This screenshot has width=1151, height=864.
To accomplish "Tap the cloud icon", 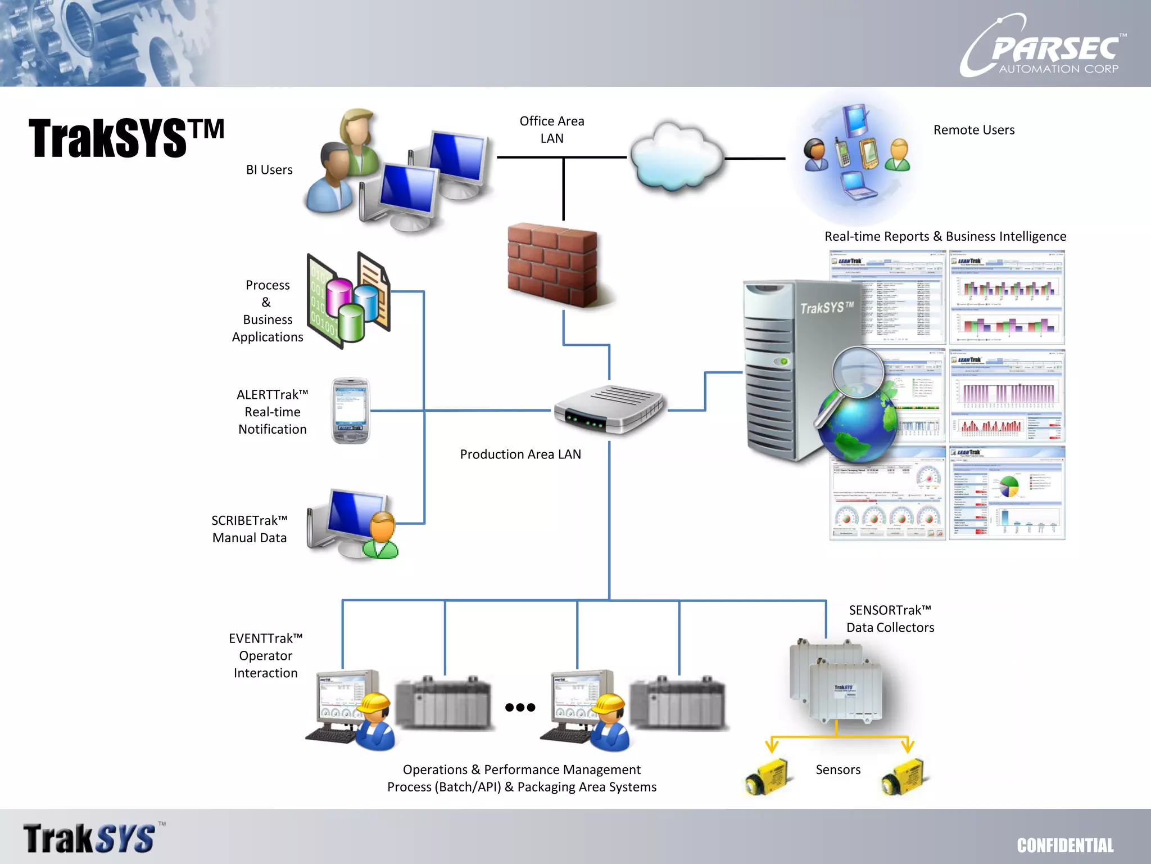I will click(676, 156).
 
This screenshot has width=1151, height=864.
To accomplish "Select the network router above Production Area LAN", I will click(609, 409).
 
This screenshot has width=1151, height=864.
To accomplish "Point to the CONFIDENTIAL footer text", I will click(1064, 845).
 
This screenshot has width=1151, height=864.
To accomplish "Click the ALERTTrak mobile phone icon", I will click(351, 411).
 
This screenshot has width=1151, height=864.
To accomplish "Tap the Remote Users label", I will click(973, 130).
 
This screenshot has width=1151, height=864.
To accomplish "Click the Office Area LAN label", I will click(551, 129).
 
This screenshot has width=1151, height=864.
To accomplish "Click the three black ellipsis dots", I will click(520, 707).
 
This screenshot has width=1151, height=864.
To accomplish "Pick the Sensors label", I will click(837, 769).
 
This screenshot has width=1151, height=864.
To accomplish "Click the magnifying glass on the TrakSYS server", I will click(858, 372).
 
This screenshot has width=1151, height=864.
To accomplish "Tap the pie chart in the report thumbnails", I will click(1009, 487).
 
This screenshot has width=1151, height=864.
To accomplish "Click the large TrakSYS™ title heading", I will click(126, 138).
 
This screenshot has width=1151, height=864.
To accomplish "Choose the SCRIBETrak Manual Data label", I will click(249, 529).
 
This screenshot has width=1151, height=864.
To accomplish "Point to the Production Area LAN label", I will click(520, 454).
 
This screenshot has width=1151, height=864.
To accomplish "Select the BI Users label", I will click(269, 170).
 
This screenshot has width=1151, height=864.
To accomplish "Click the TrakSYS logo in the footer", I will click(90, 838).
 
